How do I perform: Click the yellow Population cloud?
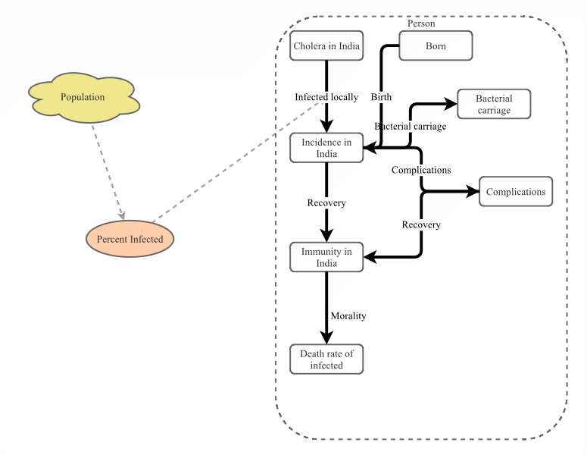[x=83, y=97]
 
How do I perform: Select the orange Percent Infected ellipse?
[x=130, y=240]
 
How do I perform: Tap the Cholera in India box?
[x=326, y=46]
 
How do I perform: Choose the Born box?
[x=436, y=46]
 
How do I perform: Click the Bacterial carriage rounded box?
[x=494, y=105]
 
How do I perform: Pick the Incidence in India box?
[x=326, y=148]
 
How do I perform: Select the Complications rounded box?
[x=516, y=192]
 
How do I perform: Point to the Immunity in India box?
[x=326, y=257]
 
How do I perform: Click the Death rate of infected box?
[x=326, y=359]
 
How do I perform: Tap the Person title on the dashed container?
[x=421, y=24]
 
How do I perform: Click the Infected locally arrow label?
[x=326, y=97]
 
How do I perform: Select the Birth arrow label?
[x=381, y=97]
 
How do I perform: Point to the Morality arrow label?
[x=348, y=315]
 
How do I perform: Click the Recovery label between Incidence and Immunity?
[x=326, y=202]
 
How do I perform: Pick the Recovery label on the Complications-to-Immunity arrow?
[x=421, y=224]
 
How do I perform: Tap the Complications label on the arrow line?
[x=421, y=170]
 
